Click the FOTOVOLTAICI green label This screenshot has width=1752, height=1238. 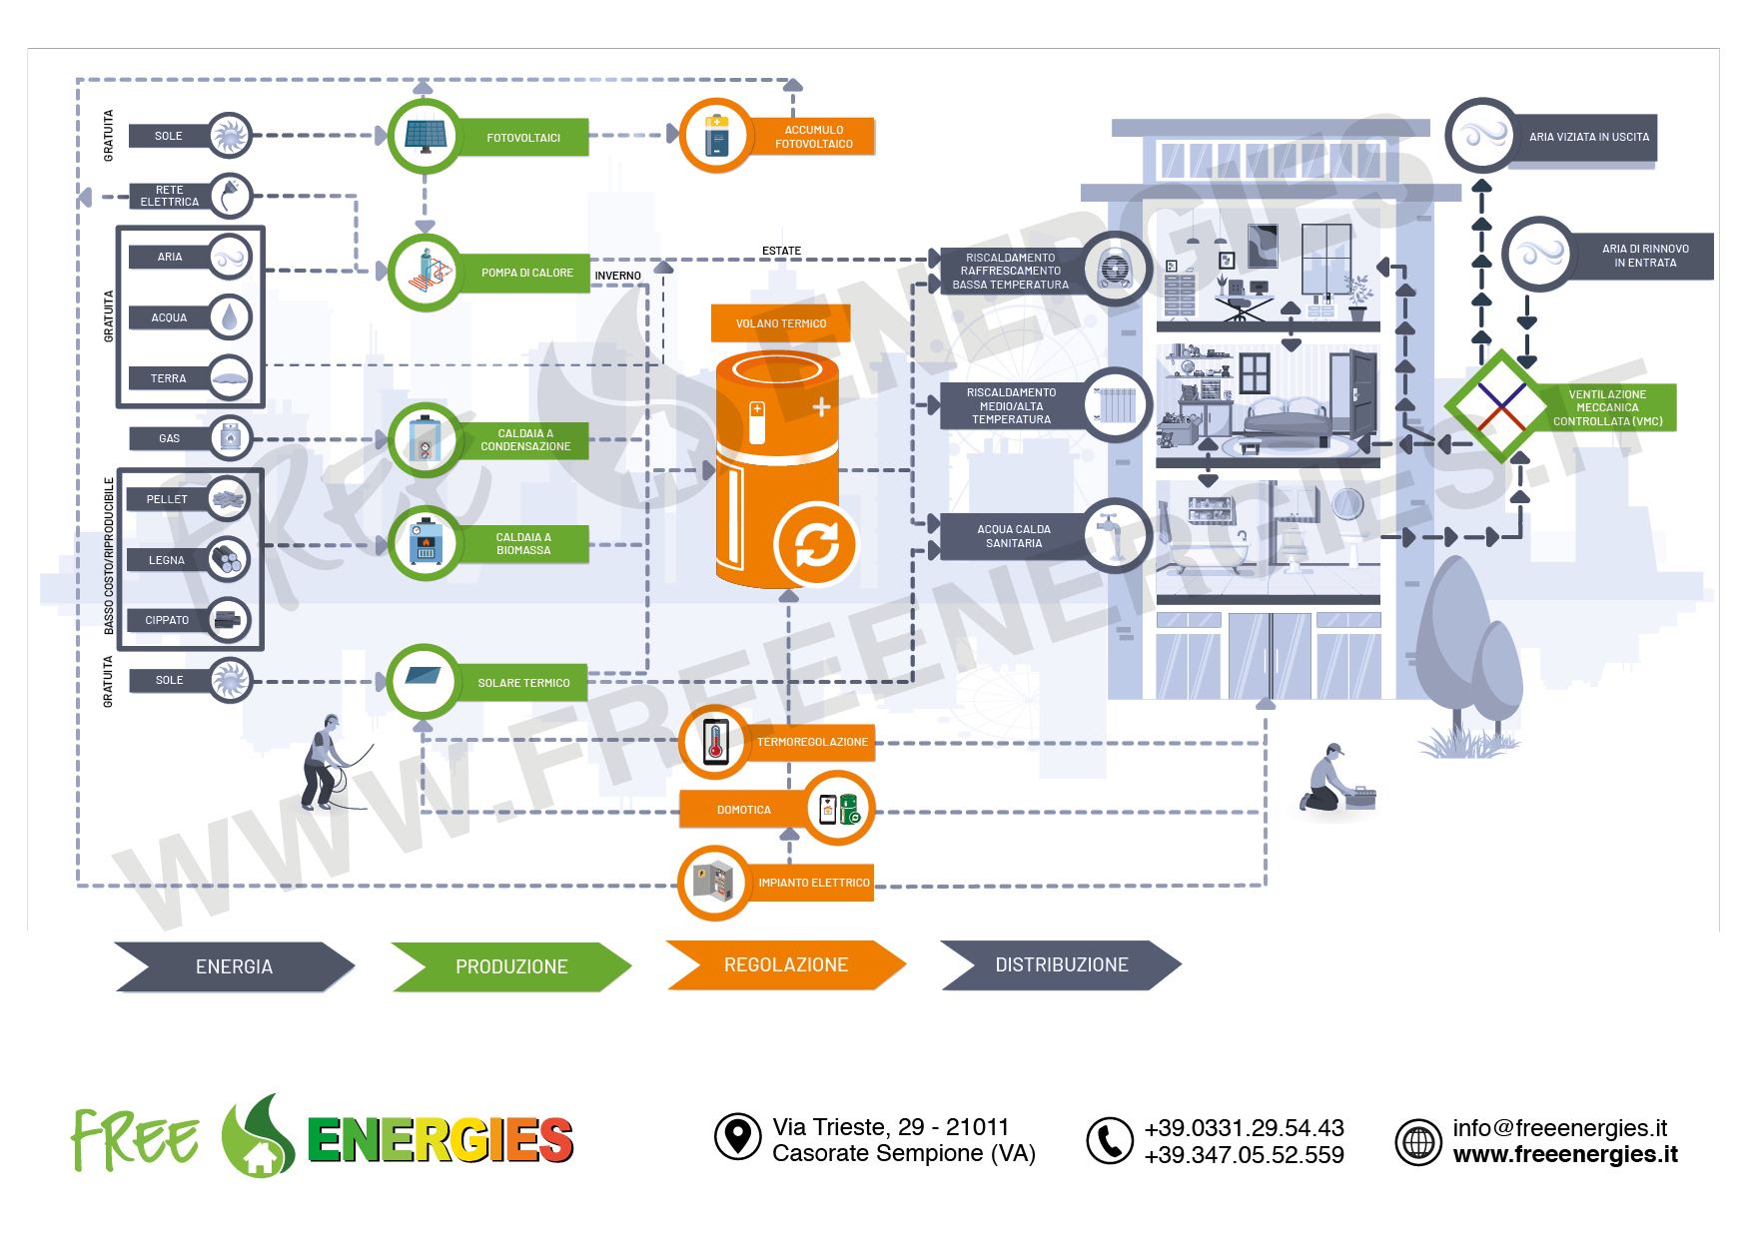[523, 138]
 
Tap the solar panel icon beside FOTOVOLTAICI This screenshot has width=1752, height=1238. [426, 136]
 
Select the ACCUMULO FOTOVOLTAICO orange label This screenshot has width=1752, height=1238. [813, 137]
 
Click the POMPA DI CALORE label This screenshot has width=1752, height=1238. [526, 273]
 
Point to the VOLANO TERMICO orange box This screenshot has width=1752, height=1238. [781, 323]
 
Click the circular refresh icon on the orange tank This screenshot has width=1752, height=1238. [816, 545]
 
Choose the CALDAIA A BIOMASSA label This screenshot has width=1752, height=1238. [523, 544]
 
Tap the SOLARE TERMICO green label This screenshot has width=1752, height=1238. [523, 683]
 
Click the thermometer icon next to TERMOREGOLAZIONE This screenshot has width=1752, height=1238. [715, 742]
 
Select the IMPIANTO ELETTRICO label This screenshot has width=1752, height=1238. [813, 883]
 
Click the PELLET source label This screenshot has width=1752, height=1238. [167, 499]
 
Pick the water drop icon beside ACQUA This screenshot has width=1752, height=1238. [231, 317]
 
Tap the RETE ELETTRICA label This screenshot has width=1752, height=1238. [170, 196]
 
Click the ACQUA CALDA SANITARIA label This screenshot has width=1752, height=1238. [1013, 536]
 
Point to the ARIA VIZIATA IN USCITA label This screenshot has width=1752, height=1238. [1588, 138]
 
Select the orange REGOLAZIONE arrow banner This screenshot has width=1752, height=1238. [785, 965]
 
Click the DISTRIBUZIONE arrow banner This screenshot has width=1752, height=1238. [1061, 965]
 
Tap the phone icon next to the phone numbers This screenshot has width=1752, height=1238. [1109, 1140]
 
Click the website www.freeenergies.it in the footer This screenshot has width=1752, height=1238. [1564, 1155]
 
